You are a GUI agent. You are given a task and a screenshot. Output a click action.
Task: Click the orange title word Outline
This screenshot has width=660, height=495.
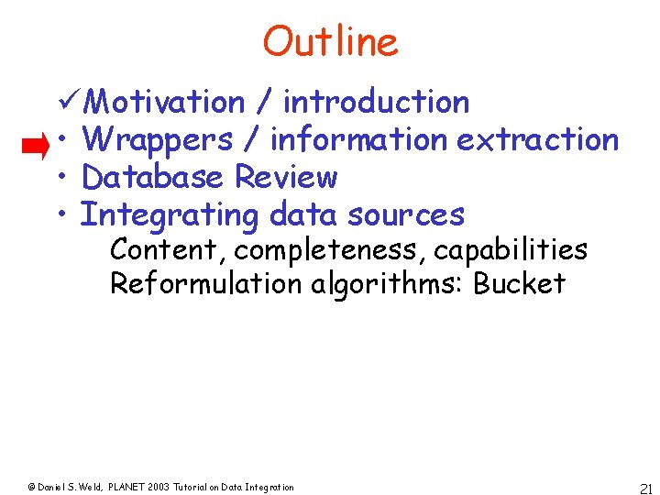pyautogui.click(x=330, y=41)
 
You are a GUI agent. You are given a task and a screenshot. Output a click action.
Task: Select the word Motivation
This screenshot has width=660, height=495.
pyautogui.click(x=169, y=102)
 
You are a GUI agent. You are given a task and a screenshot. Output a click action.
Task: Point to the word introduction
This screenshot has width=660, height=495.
pyautogui.click(x=376, y=102)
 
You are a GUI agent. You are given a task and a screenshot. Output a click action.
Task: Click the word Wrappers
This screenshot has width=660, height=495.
pyautogui.click(x=157, y=139)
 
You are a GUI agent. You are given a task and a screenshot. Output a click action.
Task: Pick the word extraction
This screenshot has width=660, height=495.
pyautogui.click(x=537, y=139)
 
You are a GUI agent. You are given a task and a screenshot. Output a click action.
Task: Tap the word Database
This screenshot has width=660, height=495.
pyautogui.click(x=153, y=177)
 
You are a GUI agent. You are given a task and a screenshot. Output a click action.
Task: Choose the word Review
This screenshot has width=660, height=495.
pyautogui.click(x=286, y=177)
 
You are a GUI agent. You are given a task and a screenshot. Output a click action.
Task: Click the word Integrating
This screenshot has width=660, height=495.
pyautogui.click(x=170, y=215)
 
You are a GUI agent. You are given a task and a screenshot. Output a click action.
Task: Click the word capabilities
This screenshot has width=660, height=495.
pyautogui.click(x=511, y=250)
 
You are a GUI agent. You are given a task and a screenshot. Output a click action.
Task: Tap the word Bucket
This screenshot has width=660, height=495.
pyautogui.click(x=519, y=283)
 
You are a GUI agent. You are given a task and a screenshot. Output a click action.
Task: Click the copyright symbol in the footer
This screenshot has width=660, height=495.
pyautogui.click(x=30, y=488)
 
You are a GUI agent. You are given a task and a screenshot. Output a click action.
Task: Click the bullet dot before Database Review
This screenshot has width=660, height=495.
pyautogui.click(x=61, y=178)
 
